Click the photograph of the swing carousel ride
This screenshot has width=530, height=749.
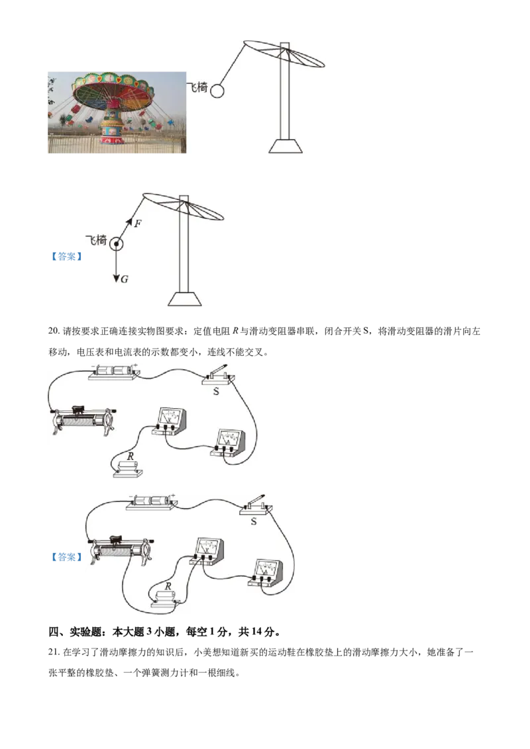pyautogui.click(x=117, y=112)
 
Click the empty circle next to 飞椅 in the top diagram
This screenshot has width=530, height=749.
pyautogui.click(x=217, y=91)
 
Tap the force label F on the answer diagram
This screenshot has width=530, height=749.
pyautogui.click(x=138, y=223)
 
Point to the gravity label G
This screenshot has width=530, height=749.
pyautogui.click(x=125, y=279)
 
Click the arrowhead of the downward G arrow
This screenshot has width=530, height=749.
pyautogui.click(x=116, y=278)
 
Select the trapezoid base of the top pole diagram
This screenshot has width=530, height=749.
pyautogui.click(x=286, y=146)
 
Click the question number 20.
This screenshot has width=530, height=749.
pyautogui.click(x=53, y=331)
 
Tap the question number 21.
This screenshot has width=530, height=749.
pyautogui.click(x=53, y=652)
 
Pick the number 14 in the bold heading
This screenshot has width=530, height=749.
pyautogui.click(x=256, y=631)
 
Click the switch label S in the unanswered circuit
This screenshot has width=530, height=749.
pyautogui.click(x=216, y=391)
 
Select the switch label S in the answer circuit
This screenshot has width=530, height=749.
pyautogui.click(x=254, y=521)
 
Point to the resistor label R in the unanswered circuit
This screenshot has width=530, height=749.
pyautogui.click(x=130, y=457)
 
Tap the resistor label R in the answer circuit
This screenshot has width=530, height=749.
pyautogui.click(x=168, y=586)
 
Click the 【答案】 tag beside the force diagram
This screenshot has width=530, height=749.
pyautogui.click(x=66, y=257)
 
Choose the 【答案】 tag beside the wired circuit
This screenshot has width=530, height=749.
pyautogui.click(x=66, y=557)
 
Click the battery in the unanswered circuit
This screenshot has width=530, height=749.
pyautogui.click(x=113, y=372)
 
